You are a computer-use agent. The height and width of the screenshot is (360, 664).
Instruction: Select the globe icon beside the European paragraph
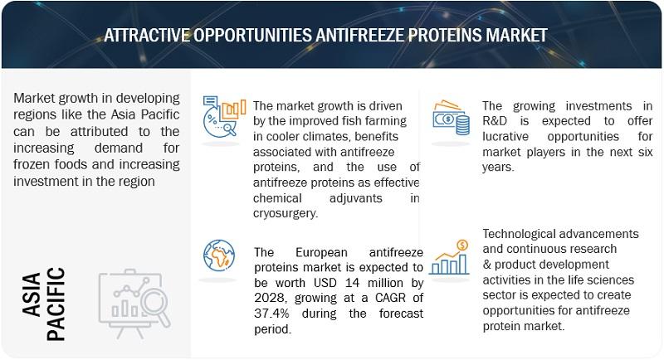[x=219, y=255]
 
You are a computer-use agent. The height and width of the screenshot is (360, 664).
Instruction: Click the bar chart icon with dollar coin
[x=449, y=257]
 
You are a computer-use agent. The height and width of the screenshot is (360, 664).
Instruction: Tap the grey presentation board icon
[x=134, y=303]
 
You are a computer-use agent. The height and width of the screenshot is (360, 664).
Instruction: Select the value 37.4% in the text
[x=272, y=314]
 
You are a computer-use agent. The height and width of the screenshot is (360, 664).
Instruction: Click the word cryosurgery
[x=286, y=213]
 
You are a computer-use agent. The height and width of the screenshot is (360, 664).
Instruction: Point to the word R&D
[x=495, y=121]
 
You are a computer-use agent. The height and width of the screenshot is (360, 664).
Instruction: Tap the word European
[x=321, y=252]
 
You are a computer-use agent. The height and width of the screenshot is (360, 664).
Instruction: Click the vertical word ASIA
[x=32, y=294]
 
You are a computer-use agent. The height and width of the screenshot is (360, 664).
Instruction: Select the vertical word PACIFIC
[x=56, y=304]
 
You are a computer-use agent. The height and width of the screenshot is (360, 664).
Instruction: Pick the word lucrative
[x=505, y=137]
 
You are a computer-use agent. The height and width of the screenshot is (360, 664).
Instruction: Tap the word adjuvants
[x=356, y=198]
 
